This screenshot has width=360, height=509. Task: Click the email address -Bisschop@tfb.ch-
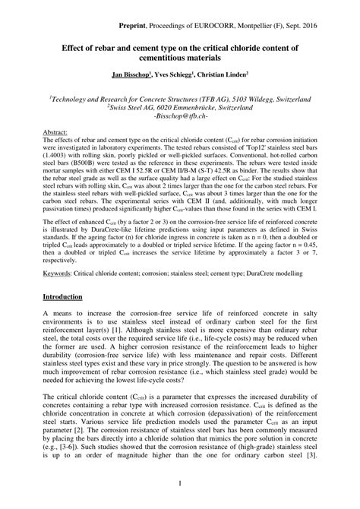pos(179,118)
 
